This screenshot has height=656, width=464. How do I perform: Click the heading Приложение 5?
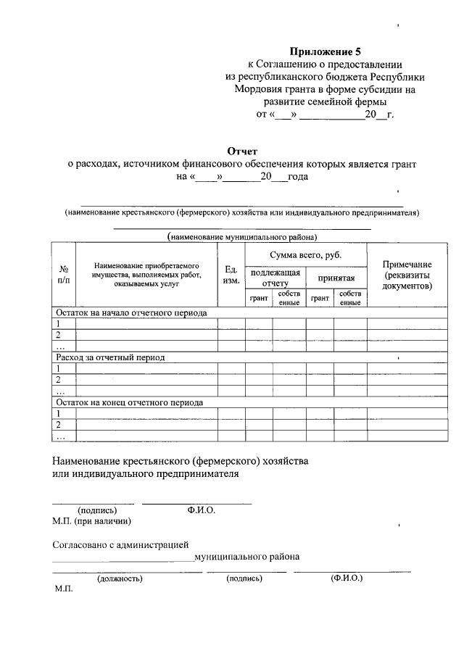[x=325, y=51]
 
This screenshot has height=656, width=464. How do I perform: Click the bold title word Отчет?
[x=243, y=151]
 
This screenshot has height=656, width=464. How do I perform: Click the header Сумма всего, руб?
[x=305, y=255]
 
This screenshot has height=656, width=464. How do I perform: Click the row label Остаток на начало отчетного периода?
[x=132, y=313]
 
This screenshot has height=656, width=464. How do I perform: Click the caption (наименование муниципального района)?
[x=242, y=236]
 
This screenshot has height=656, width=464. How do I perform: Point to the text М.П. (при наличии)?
[x=92, y=520]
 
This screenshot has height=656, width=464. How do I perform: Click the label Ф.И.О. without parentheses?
[x=201, y=510]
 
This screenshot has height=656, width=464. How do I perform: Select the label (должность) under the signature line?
[x=120, y=578]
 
